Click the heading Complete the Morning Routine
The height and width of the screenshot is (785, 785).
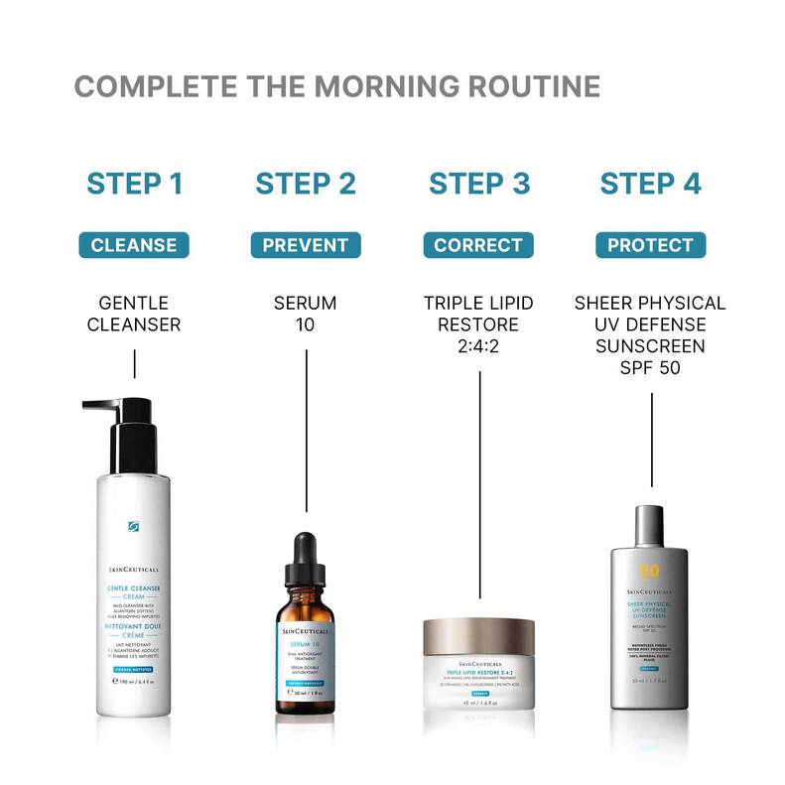336,86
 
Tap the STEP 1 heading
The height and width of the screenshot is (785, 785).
134,184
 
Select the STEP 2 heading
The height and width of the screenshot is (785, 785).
305,184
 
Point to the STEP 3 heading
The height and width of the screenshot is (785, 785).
479,184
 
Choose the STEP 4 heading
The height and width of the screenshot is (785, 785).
650,184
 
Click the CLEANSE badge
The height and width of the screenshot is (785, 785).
134,245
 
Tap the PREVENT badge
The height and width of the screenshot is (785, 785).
305,245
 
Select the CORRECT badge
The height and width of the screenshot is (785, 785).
478,245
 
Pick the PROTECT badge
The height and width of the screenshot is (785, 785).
650,245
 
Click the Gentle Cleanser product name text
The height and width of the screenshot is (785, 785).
134,314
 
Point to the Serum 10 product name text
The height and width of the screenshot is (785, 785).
305,314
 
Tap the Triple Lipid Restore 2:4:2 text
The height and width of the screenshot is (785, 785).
478,325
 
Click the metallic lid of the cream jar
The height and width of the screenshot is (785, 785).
478,632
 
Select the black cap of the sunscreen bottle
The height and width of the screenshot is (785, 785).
650,516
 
